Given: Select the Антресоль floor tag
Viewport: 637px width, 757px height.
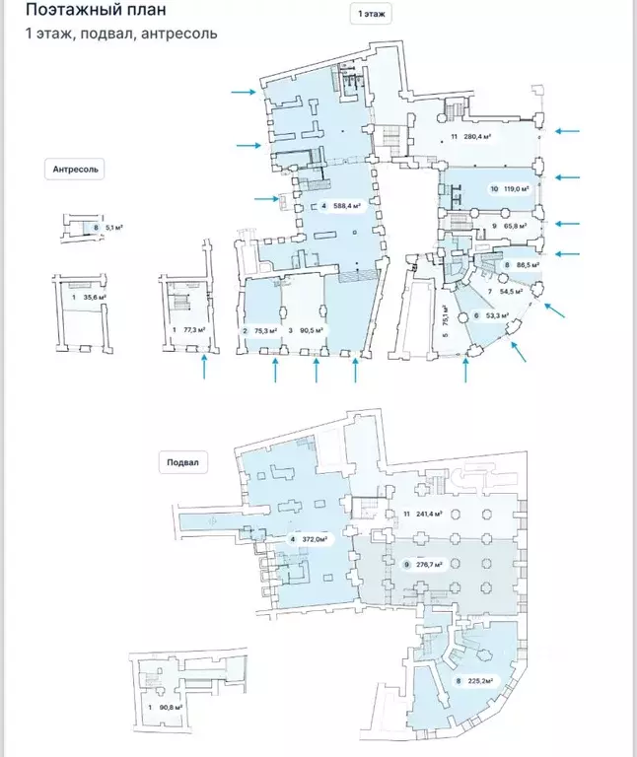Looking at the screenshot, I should (76, 169).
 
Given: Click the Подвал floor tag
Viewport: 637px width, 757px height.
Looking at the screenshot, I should (184, 462).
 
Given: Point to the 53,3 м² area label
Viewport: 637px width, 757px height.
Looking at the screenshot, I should (490, 315).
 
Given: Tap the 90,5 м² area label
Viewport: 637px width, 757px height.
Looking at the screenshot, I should (313, 330).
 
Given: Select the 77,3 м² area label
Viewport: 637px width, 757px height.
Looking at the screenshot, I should (191, 329).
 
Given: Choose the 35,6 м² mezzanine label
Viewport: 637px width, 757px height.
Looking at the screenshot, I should (95, 296).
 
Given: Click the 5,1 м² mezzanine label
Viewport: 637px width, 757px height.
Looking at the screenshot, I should (112, 228).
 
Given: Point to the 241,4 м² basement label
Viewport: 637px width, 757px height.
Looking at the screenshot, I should (426, 514).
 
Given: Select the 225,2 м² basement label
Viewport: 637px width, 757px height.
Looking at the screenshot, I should (474, 680).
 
